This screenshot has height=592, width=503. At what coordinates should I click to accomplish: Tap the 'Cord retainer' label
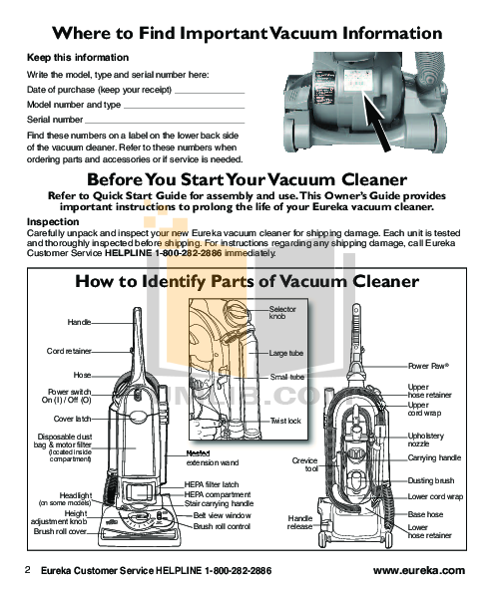click(x=69, y=351)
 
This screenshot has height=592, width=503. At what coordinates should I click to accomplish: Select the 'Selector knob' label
click(x=282, y=313)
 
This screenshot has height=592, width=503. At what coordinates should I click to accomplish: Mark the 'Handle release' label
click(x=300, y=523)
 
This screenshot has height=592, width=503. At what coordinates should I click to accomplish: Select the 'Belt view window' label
click(x=222, y=515)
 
